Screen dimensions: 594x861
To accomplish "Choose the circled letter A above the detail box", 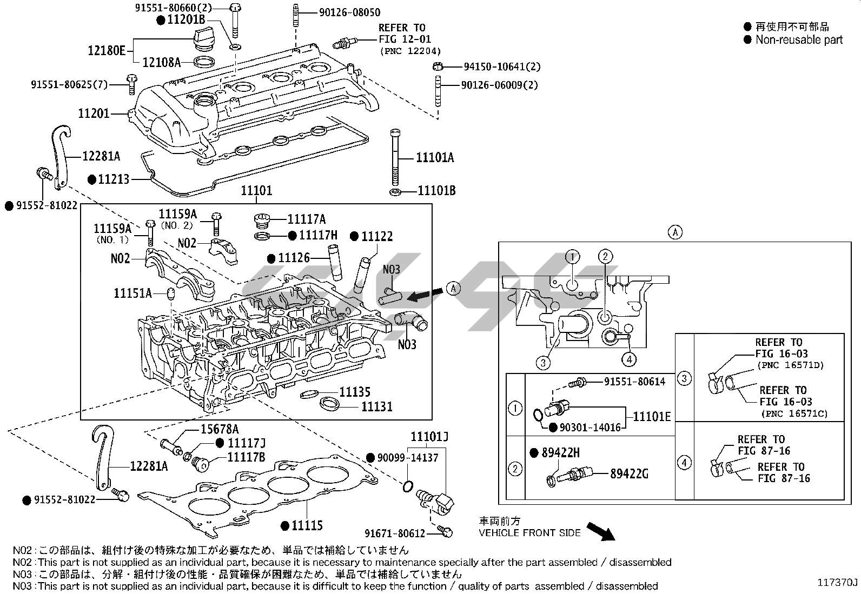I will point(675,232).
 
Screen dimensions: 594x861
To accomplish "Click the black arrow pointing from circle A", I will point(423,295).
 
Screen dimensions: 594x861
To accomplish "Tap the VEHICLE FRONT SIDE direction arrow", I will point(600,531).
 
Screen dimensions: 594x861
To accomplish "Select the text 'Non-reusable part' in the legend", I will point(799,39).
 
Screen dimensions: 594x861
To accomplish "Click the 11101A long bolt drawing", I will point(395,157).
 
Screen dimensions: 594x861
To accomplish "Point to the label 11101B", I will point(436,191).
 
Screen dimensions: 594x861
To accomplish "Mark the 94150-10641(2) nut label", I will point(502,66).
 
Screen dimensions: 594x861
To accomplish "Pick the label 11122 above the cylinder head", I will point(377,236).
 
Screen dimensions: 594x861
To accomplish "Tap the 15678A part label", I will point(220,429).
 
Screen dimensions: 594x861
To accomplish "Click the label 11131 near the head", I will point(376,406).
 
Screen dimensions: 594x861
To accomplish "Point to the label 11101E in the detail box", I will point(652,416).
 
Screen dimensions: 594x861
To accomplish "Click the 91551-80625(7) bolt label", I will point(69,85).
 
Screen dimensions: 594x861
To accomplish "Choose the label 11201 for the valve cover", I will point(94,114).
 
